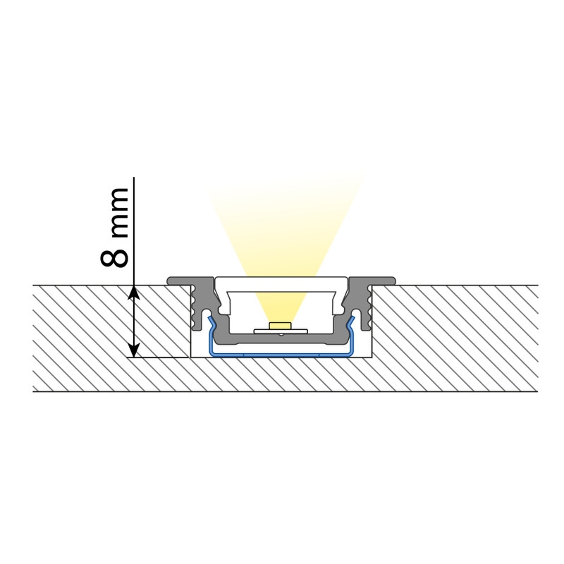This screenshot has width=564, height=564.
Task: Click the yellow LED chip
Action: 281,326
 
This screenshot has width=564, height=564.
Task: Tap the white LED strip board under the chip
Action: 281,331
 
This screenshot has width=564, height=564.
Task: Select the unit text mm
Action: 118,212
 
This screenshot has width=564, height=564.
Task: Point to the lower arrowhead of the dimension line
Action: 134,350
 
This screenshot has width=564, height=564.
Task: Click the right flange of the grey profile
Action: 373,281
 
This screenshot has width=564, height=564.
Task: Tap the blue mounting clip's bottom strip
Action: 281,355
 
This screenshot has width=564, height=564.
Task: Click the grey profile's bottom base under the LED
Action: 281,339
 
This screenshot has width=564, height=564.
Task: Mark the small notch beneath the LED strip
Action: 281,335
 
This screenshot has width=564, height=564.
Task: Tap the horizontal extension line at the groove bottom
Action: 158,357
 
